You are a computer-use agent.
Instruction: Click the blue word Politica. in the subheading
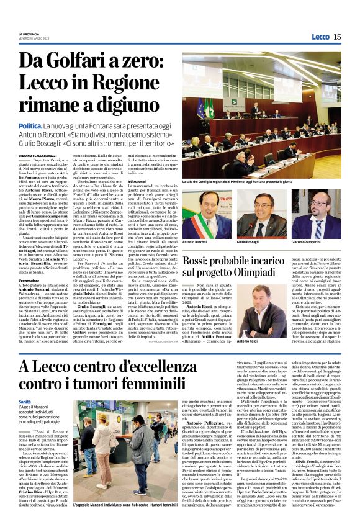31,126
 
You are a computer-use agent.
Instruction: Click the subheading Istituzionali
137,181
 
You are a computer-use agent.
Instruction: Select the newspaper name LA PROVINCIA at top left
29,34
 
